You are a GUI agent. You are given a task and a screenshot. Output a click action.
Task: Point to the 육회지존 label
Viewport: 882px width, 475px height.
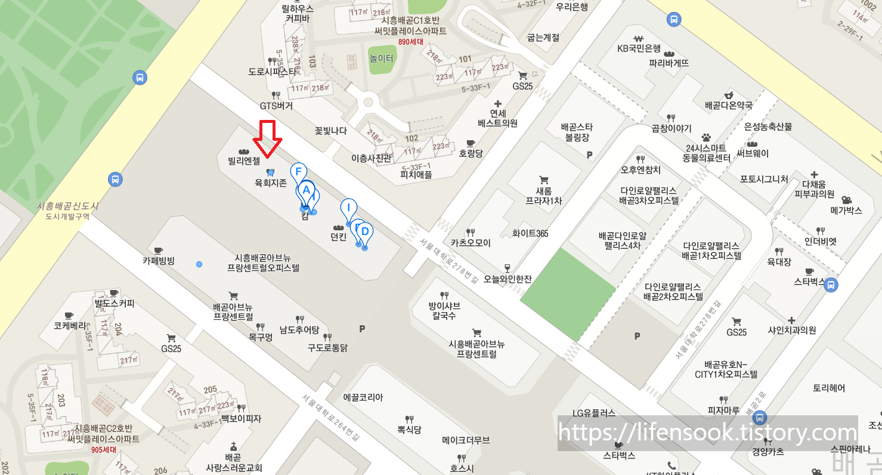click(271, 184)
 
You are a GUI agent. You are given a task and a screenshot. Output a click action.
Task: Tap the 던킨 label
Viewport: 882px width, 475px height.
click(339, 237)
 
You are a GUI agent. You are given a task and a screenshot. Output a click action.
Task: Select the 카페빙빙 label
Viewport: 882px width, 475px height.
click(158, 261)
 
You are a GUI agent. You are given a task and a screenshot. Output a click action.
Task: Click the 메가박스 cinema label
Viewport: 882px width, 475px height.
click(846, 210)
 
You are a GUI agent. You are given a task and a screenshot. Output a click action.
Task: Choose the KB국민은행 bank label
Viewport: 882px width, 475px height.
click(639, 48)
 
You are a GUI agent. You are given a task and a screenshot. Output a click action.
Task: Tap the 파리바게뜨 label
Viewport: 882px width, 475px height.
click(669, 63)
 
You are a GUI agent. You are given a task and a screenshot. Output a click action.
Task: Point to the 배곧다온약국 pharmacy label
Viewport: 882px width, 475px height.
click(728, 105)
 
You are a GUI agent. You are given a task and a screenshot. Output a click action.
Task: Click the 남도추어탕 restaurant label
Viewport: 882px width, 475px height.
click(299, 329)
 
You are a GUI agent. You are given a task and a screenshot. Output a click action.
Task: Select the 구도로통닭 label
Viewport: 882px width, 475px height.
click(327, 347)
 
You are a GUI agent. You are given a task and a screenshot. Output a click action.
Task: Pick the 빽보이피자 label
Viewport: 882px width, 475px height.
click(241, 418)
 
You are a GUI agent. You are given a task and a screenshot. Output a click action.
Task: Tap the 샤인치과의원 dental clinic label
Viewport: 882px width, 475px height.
click(791, 330)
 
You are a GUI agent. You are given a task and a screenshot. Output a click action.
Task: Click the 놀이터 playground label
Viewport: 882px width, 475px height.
click(382, 58)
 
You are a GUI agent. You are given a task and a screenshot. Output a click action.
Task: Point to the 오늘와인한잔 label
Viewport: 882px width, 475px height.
click(507, 278)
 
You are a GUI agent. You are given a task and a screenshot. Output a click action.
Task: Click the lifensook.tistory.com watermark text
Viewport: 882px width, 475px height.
click(708, 433)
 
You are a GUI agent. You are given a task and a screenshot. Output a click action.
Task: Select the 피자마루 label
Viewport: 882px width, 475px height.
click(723, 410)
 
